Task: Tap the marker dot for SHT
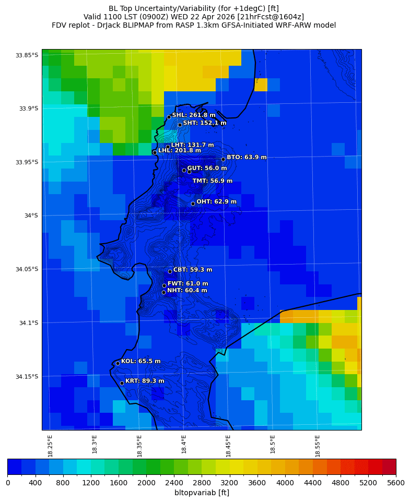tap(180, 125)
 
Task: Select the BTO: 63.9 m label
tap(247, 157)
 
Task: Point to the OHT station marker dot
tap(193, 204)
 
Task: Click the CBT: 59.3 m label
tap(193, 270)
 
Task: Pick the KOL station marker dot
tap(118, 363)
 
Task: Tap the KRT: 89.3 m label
tap(145, 381)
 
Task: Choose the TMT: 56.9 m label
tap(212, 181)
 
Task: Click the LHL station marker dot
tap(155, 152)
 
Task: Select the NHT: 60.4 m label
tap(187, 291)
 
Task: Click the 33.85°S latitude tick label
tap(27, 55)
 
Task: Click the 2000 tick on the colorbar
tap(146, 483)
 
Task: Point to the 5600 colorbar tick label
tap(395, 483)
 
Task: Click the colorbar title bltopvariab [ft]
tap(202, 493)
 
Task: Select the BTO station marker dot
tap(223, 159)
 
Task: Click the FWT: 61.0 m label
tap(188, 284)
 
